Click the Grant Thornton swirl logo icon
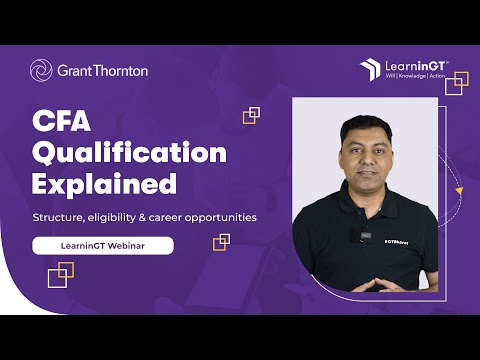41,71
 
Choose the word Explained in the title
104,185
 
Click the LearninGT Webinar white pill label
102,245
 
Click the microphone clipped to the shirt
353,237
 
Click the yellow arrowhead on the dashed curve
458,190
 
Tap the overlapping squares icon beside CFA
251,115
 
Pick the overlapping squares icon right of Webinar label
221,242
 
